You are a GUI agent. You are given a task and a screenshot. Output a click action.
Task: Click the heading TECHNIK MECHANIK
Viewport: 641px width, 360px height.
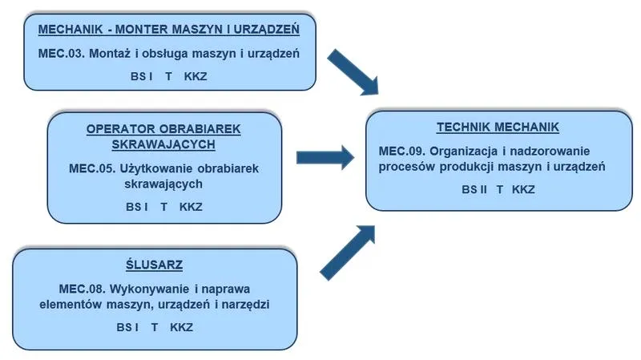click(498, 127)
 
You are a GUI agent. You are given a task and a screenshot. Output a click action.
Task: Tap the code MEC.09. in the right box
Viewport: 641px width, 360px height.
click(402, 151)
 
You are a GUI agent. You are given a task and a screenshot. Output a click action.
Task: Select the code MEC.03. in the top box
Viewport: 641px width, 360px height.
click(62, 54)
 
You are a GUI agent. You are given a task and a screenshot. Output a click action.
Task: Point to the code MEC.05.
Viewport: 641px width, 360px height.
click(92, 168)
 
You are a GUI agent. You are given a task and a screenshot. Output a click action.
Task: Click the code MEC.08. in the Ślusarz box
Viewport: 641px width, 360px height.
click(83, 289)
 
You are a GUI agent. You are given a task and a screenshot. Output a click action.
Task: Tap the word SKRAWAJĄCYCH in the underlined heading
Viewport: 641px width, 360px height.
click(163, 144)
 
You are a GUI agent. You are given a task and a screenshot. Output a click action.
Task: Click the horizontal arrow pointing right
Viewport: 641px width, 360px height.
click(325, 157)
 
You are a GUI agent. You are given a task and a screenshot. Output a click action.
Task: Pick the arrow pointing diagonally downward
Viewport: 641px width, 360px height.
click(353, 72)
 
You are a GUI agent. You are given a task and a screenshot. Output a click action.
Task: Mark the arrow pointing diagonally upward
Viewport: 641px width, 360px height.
click(348, 253)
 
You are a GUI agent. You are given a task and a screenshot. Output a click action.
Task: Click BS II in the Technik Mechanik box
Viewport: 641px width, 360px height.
click(474, 189)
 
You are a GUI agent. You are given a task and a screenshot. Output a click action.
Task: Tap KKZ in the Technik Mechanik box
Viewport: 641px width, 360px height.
click(523, 189)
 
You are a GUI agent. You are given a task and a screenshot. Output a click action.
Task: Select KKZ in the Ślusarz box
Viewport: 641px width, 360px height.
click(182, 327)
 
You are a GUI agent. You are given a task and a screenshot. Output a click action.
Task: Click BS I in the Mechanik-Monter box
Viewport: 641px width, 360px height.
click(142, 76)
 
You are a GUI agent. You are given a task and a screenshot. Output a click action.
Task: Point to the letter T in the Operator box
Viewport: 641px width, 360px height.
click(164, 207)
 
